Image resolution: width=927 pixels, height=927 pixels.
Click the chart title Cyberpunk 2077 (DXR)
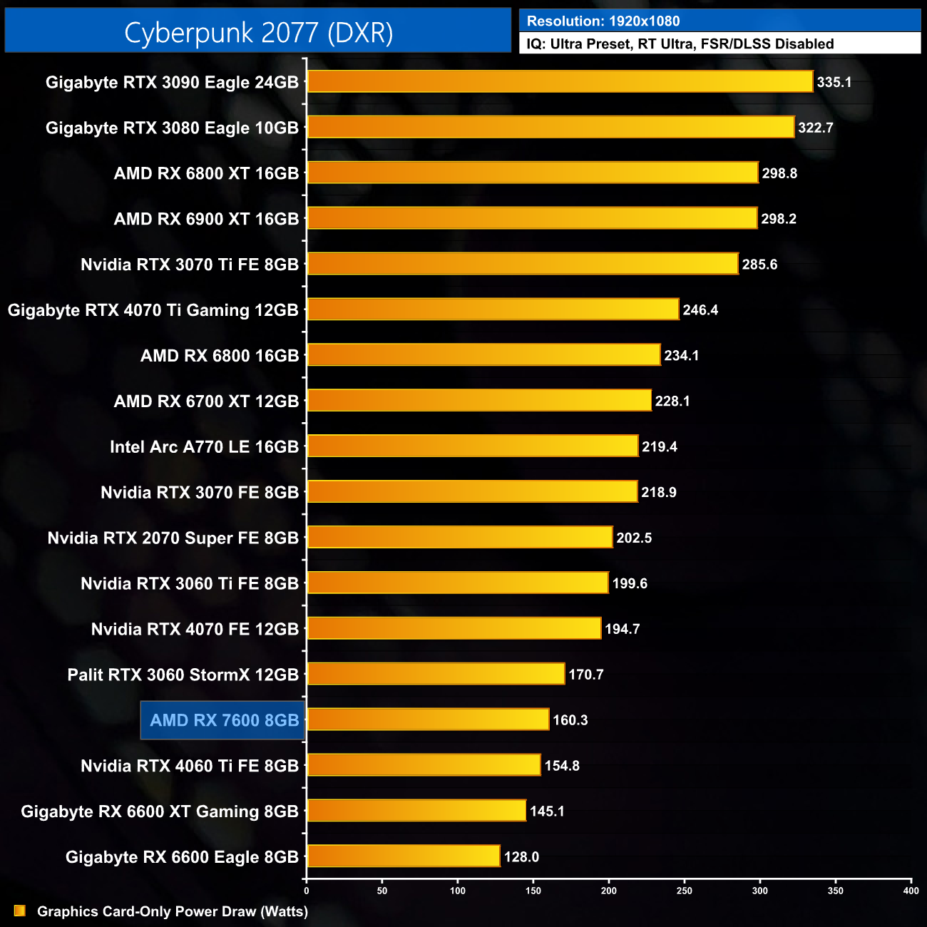pyautogui.click(x=258, y=32)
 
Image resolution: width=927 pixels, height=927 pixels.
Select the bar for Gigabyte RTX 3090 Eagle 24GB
pyautogui.click(x=560, y=81)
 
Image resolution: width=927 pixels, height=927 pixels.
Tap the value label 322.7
pyautogui.click(x=815, y=128)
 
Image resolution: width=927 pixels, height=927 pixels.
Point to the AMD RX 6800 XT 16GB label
pyautogui.click(x=206, y=173)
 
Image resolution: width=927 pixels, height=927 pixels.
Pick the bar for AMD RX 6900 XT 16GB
pyautogui.click(x=532, y=218)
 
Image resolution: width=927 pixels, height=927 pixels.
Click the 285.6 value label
pyautogui.click(x=759, y=265)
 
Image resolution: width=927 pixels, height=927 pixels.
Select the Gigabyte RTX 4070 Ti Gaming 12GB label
pyautogui.click(x=153, y=310)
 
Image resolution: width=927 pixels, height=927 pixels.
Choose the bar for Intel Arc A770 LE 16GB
pyautogui.click(x=472, y=446)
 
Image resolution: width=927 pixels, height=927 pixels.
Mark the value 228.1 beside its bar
pyautogui.click(x=672, y=401)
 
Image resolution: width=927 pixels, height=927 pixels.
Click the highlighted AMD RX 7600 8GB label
pyautogui.click(x=224, y=720)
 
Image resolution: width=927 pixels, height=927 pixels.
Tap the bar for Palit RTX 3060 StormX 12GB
pyautogui.click(x=436, y=674)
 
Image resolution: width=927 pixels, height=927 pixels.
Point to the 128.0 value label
pyautogui.click(x=521, y=857)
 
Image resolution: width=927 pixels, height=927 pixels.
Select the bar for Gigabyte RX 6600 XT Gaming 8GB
pyautogui.click(x=416, y=811)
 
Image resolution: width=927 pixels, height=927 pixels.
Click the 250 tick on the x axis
pyautogui.click(x=685, y=891)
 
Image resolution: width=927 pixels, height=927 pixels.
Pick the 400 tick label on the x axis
pyautogui.click(x=911, y=891)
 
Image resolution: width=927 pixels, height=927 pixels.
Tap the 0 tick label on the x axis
pyautogui.click(x=307, y=891)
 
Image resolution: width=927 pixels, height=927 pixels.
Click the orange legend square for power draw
pyautogui.click(x=20, y=911)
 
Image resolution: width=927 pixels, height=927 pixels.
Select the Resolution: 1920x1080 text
pyautogui.click(x=603, y=21)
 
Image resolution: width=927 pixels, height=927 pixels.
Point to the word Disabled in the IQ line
pyautogui.click(x=804, y=44)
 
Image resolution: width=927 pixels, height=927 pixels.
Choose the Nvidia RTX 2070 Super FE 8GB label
pyautogui.click(x=173, y=538)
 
